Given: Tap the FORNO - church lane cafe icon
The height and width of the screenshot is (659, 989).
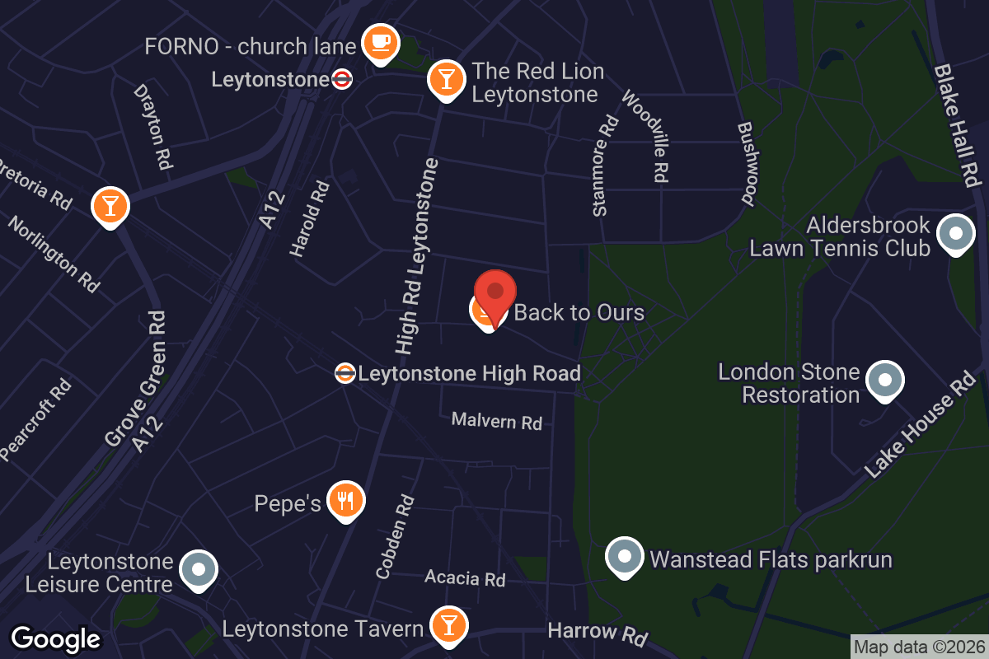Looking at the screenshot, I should tap(380, 42).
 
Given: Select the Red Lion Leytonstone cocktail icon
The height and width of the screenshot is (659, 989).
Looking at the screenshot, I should tap(446, 79).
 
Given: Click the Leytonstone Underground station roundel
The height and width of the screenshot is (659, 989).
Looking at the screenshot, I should tap(341, 80).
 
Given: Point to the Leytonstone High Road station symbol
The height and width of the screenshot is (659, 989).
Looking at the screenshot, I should tap(345, 373).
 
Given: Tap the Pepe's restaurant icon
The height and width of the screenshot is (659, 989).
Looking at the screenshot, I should tap(345, 500).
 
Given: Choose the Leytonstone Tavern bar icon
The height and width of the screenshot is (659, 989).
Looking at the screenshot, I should tap(448, 625).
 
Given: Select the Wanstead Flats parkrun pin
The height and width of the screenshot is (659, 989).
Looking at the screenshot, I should tap(625, 558).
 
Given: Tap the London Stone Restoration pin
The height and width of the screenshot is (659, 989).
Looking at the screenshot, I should tap(884, 380).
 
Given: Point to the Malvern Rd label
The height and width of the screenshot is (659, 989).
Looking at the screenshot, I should tap(496, 422).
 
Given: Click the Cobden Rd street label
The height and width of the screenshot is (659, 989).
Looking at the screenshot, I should tap(395, 536).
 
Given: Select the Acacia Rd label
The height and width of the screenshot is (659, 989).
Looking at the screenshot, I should tap(465, 578).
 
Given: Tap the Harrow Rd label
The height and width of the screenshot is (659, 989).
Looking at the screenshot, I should tap(598, 633).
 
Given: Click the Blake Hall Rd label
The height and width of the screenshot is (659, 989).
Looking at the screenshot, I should tap(957, 124).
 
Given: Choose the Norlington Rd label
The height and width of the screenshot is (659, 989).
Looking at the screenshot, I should tap(54, 255).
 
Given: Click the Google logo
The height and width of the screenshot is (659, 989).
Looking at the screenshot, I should tap(56, 639).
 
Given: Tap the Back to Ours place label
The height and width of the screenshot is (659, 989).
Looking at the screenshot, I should tap(579, 313).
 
